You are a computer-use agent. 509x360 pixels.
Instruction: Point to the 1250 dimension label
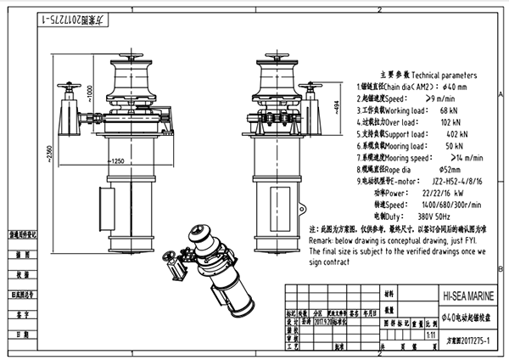(116, 160)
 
